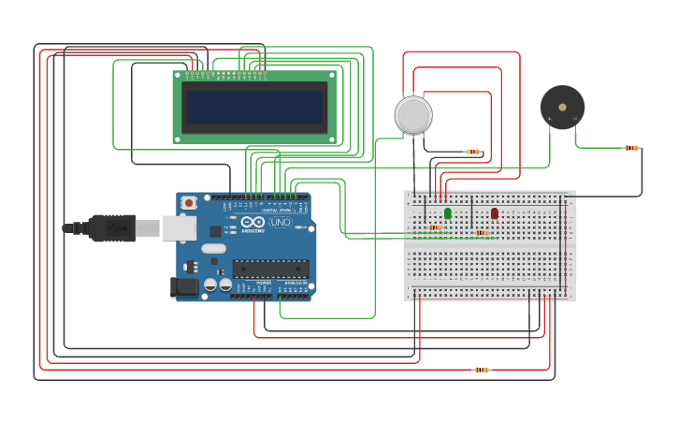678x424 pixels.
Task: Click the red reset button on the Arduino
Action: pos(189,201)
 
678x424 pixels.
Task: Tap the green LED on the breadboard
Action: pos(448,213)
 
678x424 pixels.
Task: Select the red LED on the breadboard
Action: pos(495,213)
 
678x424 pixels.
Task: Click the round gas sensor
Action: pos(413,114)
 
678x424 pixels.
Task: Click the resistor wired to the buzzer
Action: pos(632,148)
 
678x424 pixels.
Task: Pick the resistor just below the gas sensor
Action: pos(473,152)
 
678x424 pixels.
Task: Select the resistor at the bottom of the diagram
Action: pos(482,370)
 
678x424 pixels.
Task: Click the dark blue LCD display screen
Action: pos(254,107)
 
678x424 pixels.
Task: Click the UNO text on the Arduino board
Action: pos(280,223)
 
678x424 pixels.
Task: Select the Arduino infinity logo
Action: pos(252,223)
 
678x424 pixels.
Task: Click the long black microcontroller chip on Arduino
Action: pos(270,269)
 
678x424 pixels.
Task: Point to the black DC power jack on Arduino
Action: pos(184,286)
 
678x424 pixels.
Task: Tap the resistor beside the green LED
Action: pos(435,227)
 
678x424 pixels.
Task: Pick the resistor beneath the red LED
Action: pos(482,232)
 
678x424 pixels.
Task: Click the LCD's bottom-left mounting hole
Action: pos(178,139)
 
